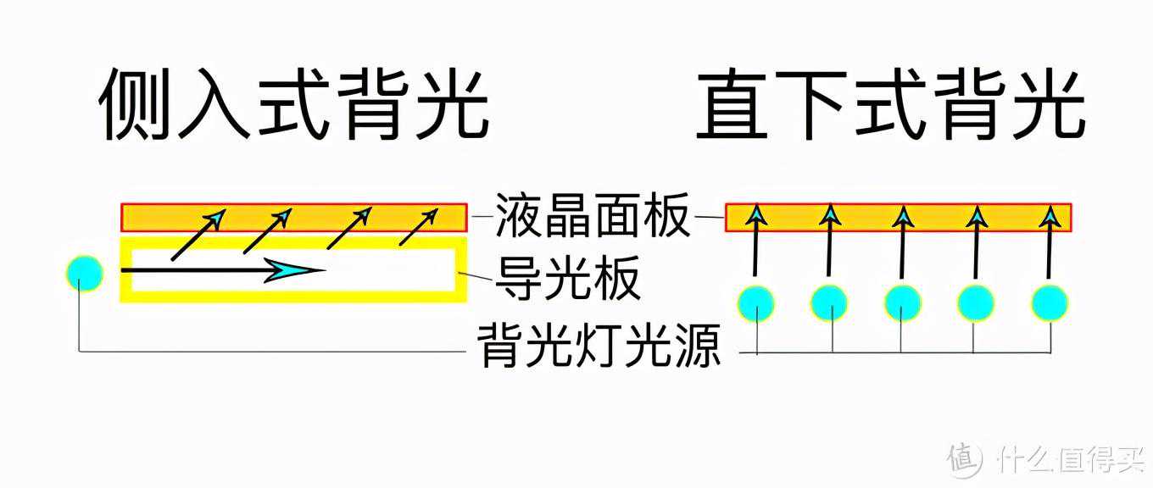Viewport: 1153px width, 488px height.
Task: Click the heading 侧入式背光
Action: [293, 104]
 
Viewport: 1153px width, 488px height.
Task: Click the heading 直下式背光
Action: [891, 104]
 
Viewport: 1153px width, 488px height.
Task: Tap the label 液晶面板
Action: [593, 215]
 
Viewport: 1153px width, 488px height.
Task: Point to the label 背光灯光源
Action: [599, 345]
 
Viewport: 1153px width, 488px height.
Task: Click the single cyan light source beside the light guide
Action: [85, 273]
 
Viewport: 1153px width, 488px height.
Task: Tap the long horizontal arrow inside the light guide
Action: [223, 270]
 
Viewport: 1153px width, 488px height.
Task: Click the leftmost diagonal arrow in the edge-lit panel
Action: [198, 235]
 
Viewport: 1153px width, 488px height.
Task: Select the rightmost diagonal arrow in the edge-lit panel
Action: [419, 227]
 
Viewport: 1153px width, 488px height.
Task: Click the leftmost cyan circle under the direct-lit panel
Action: [756, 304]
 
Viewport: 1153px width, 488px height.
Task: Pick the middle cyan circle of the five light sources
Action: [902, 302]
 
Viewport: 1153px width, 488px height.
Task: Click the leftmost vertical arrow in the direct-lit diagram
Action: [755, 240]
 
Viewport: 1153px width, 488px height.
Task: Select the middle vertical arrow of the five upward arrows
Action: [903, 241]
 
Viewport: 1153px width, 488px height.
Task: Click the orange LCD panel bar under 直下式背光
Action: [899, 218]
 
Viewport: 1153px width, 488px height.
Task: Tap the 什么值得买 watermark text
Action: [1072, 458]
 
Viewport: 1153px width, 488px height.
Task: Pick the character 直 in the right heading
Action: [732, 105]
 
